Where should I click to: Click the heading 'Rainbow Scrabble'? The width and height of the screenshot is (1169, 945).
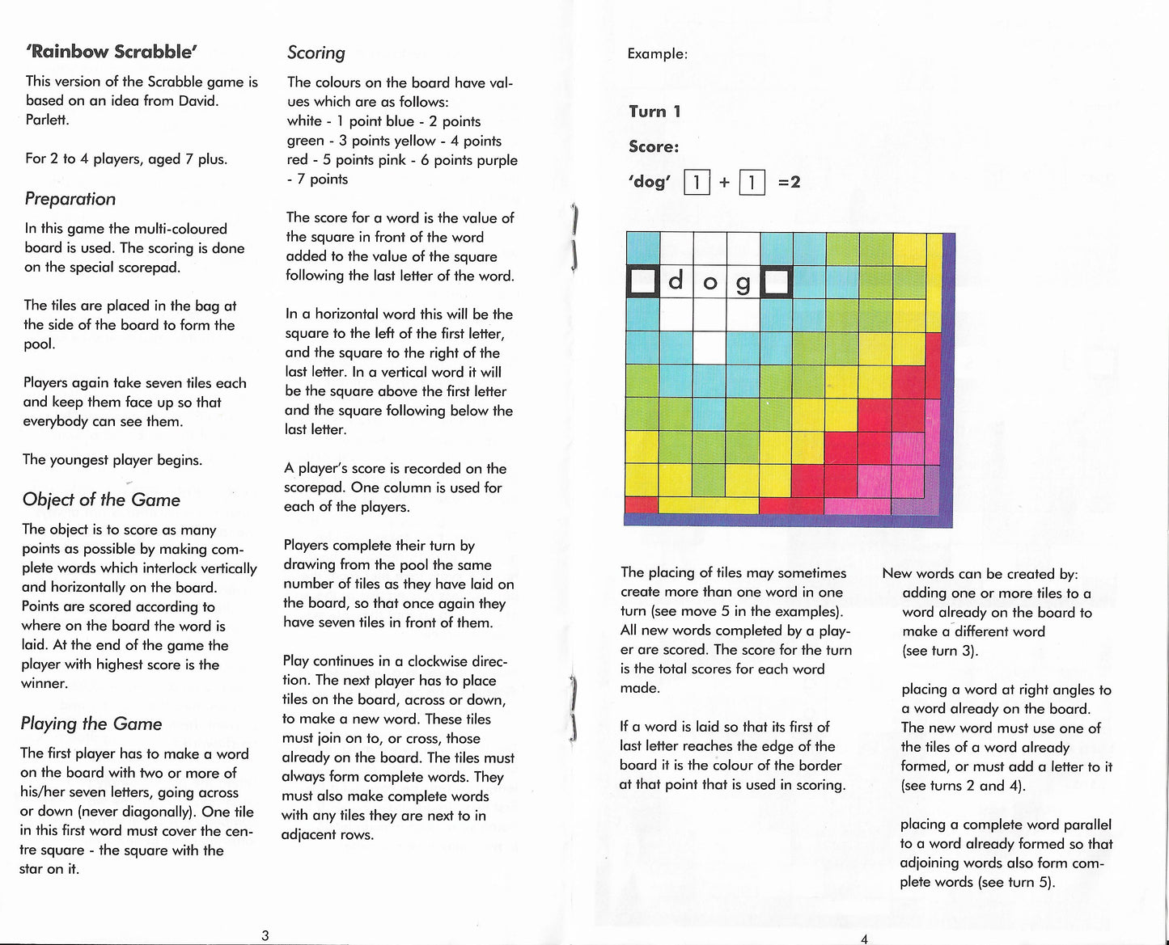[112, 51]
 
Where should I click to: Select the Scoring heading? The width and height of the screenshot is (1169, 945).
[316, 53]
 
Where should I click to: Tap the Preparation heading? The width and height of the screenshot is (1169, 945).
[70, 199]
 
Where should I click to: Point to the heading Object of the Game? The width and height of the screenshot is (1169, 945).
[101, 500]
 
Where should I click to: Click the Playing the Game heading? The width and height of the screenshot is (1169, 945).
[91, 724]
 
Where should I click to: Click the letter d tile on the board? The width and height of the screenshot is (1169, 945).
[677, 282]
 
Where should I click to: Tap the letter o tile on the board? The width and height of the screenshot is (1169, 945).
[710, 282]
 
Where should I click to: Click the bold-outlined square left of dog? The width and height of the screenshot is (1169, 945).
[642, 282]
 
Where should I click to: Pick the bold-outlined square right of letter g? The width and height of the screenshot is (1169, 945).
[777, 282]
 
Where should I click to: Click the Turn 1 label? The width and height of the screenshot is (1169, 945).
[654, 112]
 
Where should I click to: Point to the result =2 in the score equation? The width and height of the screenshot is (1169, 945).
[789, 182]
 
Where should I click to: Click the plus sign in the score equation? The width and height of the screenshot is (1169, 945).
[724, 183]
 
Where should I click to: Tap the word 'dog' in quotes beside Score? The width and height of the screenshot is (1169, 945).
[649, 182]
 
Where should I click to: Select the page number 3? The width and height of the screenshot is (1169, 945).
[265, 935]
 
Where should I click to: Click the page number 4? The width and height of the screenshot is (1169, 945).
[865, 938]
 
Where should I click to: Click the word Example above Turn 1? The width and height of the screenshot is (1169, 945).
[657, 54]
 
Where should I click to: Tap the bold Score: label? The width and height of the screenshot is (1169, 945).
[654, 146]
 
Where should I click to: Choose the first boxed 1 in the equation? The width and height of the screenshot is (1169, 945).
[697, 183]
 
